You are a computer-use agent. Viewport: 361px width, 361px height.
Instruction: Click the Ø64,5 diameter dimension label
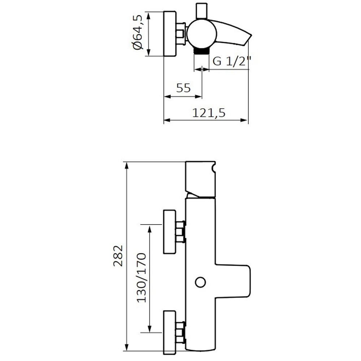[138, 32]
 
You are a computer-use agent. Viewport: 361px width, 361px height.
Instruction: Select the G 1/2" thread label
[232, 61]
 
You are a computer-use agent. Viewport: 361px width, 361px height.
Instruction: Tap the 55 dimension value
[183, 88]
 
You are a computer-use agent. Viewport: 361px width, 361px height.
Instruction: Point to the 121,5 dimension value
[209, 113]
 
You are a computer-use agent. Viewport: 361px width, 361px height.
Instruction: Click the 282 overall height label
[118, 256]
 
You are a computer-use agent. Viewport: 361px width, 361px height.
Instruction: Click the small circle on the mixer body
[200, 282]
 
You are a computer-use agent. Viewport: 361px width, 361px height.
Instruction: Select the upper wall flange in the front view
[170, 232]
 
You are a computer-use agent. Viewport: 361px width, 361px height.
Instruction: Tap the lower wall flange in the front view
[170, 332]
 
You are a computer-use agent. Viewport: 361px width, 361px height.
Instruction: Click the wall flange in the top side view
[170, 34]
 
